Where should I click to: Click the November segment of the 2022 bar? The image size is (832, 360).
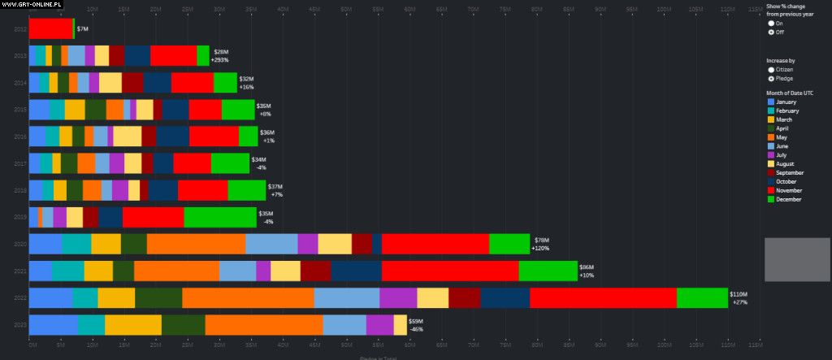click(603, 298)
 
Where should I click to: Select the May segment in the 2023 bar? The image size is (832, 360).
click(263, 325)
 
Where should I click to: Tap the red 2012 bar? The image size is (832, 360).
click(50, 28)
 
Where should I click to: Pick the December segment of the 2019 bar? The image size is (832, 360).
click(219, 217)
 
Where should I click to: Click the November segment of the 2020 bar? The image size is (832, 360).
click(435, 244)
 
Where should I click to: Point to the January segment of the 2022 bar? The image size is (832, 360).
click(50, 298)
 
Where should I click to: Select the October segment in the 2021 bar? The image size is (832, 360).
click(356, 271)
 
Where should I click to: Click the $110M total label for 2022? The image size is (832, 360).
click(738, 294)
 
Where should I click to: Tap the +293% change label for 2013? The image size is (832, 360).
click(219, 60)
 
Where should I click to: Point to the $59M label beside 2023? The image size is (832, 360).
click(415, 321)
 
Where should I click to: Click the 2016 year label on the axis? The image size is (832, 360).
click(20, 137)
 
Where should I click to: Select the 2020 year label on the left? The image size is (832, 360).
click(20, 244)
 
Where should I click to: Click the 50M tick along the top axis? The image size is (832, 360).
click(346, 9)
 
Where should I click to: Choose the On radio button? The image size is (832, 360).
click(771, 23)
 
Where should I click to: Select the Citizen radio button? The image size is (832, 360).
click(771, 70)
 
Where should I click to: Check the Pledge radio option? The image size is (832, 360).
click(771, 79)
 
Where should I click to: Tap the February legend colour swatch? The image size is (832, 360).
click(771, 111)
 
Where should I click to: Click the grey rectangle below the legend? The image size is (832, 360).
click(795, 260)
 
